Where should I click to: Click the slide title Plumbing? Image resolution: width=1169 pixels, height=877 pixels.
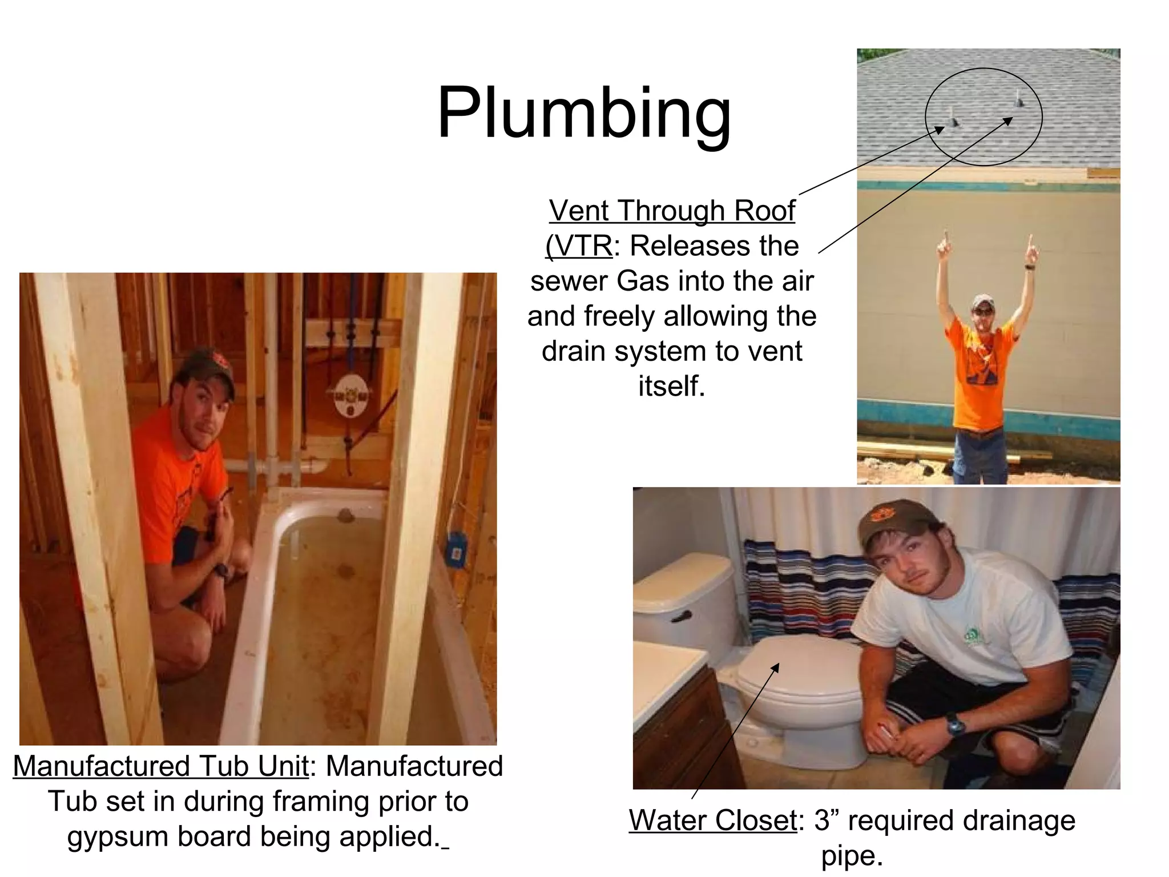pyautogui.click(x=583, y=112)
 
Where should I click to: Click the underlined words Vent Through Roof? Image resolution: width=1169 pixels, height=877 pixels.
pyautogui.click(x=672, y=211)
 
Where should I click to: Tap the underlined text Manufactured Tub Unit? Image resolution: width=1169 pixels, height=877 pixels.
pyautogui.click(x=161, y=766)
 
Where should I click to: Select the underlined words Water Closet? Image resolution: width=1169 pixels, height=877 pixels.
pyautogui.click(x=713, y=820)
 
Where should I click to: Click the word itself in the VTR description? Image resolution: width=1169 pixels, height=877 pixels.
pyautogui.click(x=672, y=386)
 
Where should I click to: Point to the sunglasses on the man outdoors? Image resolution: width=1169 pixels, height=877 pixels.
pyautogui.click(x=983, y=311)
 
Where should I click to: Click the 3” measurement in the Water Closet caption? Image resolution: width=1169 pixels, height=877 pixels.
pyautogui.click(x=825, y=820)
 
